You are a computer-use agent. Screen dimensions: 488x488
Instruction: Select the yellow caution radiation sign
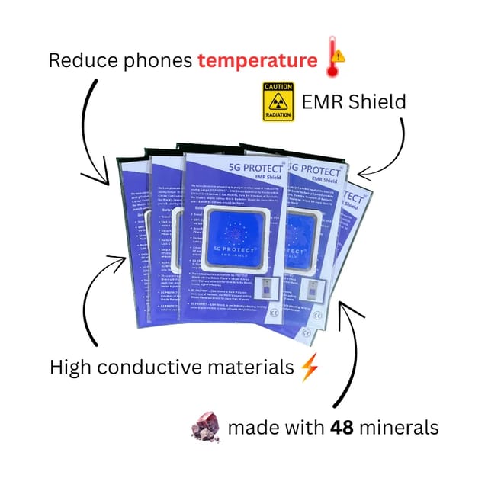278,101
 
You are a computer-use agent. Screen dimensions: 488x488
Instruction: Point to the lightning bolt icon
308,368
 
